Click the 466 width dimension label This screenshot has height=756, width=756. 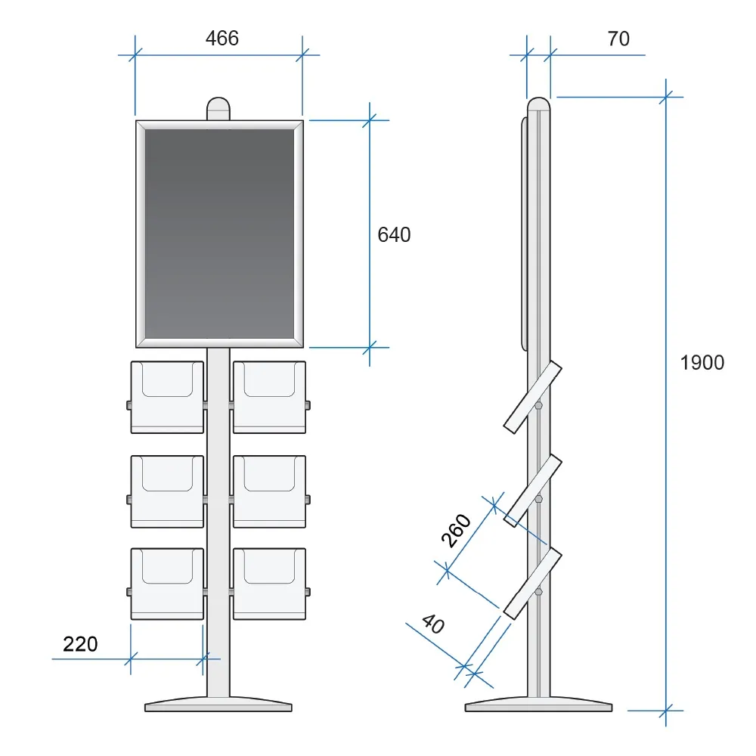(222, 38)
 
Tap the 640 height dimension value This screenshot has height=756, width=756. (394, 235)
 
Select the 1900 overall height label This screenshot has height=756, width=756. (702, 363)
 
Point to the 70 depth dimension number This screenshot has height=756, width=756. (618, 39)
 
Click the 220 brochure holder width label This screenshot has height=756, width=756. (80, 644)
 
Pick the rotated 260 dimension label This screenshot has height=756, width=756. (456, 531)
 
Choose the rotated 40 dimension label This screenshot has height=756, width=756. (433, 624)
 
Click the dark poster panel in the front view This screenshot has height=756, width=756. (220, 234)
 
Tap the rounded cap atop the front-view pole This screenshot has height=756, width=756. (218, 108)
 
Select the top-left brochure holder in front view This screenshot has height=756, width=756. (167, 398)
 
